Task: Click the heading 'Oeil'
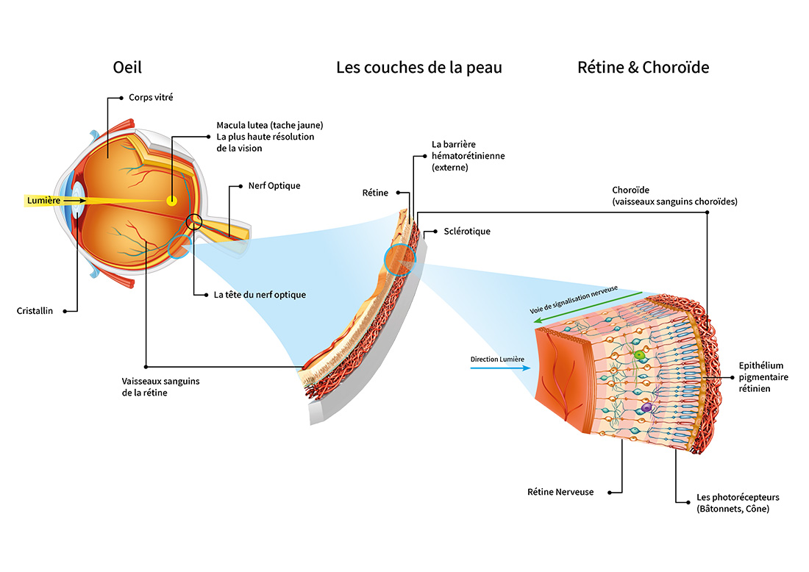point(127,68)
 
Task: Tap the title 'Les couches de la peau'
point(419,68)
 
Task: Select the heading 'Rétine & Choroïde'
point(643,68)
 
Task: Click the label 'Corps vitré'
point(151,97)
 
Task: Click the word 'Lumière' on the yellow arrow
point(43,200)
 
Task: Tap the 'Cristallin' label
point(35,311)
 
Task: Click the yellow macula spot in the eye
point(171,200)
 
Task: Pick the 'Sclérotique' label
point(467,231)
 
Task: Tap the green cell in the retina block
point(640,355)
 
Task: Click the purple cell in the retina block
point(646,407)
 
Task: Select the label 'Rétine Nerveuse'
point(560,492)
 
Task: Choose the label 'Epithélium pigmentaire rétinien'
point(762,376)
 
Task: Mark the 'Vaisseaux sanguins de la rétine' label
point(160,387)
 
